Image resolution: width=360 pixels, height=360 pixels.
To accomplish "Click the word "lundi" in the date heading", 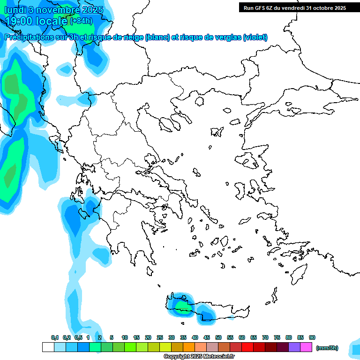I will [x=16, y=10].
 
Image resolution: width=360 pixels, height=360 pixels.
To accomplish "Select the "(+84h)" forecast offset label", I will [x=81, y=21].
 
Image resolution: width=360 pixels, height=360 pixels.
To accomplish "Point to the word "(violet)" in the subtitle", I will [x=255, y=37].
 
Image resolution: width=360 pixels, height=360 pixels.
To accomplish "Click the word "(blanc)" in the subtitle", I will [x=157, y=37].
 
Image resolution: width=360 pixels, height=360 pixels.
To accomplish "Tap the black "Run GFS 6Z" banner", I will [x=294, y=7].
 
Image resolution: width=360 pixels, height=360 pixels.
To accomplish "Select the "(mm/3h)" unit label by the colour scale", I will [x=327, y=348].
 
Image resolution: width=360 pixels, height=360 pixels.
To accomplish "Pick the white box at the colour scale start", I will [x=48, y=347].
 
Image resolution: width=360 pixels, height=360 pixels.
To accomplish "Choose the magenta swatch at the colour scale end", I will [x=306, y=347].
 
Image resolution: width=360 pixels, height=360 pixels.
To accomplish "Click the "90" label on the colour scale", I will [x=312, y=337].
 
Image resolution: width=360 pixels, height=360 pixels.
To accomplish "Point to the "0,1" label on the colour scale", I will [x=55, y=337].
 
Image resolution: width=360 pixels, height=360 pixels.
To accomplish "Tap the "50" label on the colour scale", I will [x=218, y=337].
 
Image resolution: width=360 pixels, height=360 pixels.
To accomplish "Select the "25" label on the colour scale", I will [x=160, y=337].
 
